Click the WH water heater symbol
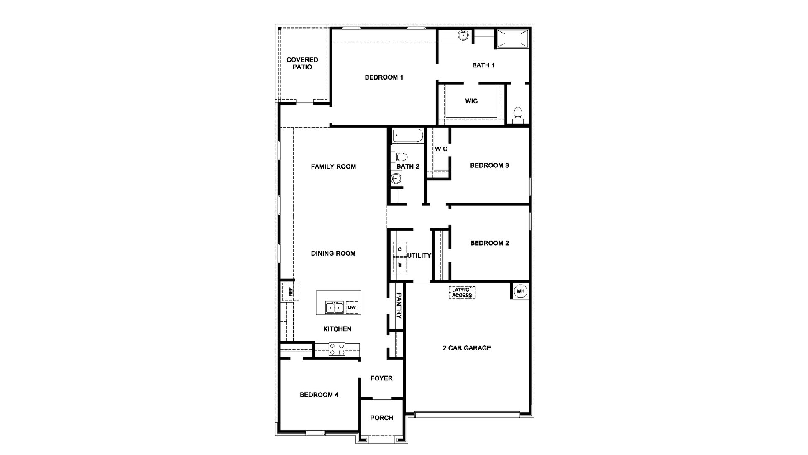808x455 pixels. pos(520,291)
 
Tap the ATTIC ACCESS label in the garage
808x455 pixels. pos(462,293)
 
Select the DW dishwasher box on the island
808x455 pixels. pos(352,308)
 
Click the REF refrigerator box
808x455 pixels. pos(290,291)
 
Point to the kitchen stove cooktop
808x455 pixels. pos(337,349)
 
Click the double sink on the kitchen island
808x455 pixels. pos(335,308)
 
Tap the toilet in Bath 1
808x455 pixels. pos(518,115)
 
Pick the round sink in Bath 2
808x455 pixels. pos(396,179)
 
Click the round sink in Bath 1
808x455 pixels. pos(463,35)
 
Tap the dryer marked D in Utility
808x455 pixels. pos(400,249)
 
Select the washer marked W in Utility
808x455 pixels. pos(400,265)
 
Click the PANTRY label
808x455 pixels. pos(399,306)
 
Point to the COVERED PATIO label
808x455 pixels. pos(302,63)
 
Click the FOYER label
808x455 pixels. pos(381,378)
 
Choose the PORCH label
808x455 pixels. pos(381,418)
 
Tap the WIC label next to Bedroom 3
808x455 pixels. pos(441,149)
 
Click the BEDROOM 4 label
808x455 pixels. pos(319,395)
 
